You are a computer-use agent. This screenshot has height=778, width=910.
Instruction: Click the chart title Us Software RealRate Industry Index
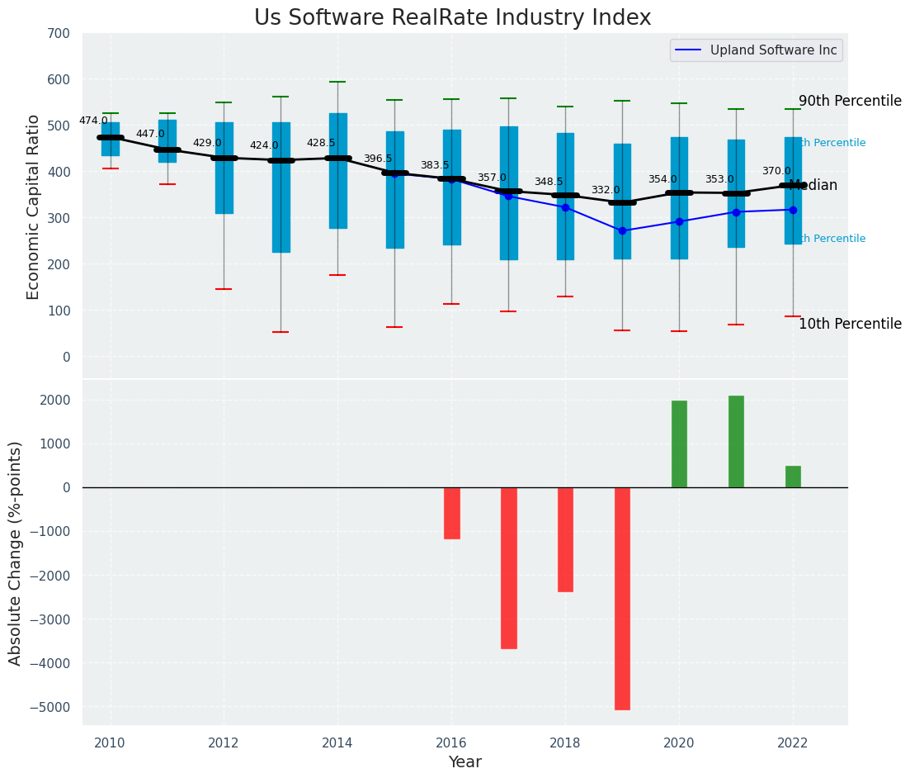point(452,18)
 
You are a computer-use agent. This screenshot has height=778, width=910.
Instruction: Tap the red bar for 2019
point(622,598)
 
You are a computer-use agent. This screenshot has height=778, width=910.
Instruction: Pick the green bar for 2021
point(736,441)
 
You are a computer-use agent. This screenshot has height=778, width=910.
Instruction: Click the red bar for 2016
point(451,513)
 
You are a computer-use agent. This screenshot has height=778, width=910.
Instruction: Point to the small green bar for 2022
point(793,477)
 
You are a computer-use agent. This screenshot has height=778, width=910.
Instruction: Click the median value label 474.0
point(93,121)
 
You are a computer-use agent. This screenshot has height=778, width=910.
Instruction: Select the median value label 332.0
point(606,190)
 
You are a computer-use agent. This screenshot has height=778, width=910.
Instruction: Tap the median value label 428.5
point(321,143)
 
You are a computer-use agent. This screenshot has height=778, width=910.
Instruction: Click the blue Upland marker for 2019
point(622,230)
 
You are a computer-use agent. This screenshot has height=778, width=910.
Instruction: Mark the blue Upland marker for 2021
point(736,212)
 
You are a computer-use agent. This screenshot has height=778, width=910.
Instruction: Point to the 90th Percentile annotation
point(850,101)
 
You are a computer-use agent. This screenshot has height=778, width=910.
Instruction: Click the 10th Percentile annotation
point(850,324)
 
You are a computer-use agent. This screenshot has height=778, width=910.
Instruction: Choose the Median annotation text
point(813,186)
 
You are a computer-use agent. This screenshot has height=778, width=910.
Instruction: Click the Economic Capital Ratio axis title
point(34,206)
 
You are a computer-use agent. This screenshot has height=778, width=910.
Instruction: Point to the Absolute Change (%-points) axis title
point(16,553)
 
